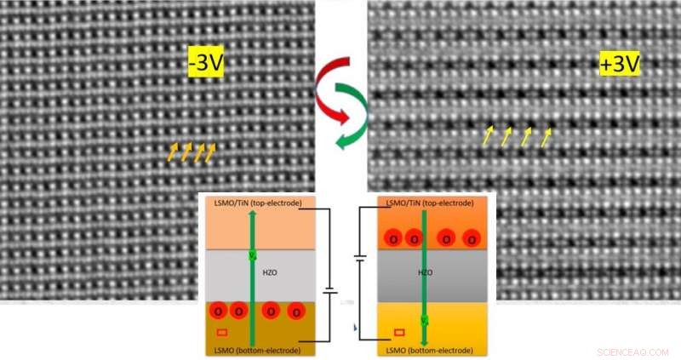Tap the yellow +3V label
pyautogui.click(x=619, y=63)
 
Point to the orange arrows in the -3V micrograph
pyautogui.click(x=192, y=151)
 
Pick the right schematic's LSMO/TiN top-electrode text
pyautogui.click(x=426, y=203)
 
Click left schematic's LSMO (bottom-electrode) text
pyautogui.click(x=255, y=351)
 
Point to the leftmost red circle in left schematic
pyautogui.click(x=216, y=311)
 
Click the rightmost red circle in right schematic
pyautogui.click(x=471, y=241)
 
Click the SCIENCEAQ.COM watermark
pyautogui.click(x=635, y=350)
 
